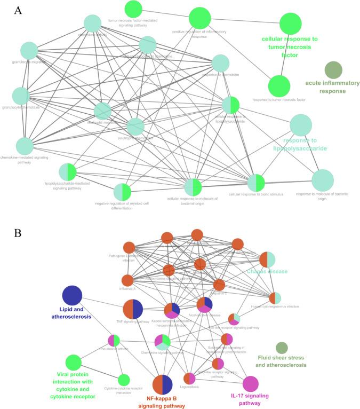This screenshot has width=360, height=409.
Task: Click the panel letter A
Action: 18,10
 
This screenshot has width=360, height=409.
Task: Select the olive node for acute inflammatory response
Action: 333,70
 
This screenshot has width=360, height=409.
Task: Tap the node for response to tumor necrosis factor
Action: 279,86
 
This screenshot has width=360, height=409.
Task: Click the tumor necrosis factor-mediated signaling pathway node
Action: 133,9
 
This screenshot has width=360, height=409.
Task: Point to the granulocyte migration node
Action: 29,51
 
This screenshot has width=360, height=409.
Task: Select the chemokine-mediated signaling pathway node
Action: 25,146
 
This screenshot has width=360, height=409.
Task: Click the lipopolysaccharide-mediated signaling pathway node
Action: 68,172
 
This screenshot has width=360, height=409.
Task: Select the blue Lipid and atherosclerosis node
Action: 72,296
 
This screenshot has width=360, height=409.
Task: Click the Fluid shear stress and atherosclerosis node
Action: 282,348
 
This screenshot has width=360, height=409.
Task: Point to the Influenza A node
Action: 127,280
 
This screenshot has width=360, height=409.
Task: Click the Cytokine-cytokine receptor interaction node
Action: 124,380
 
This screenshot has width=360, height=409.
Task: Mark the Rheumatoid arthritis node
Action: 114,340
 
